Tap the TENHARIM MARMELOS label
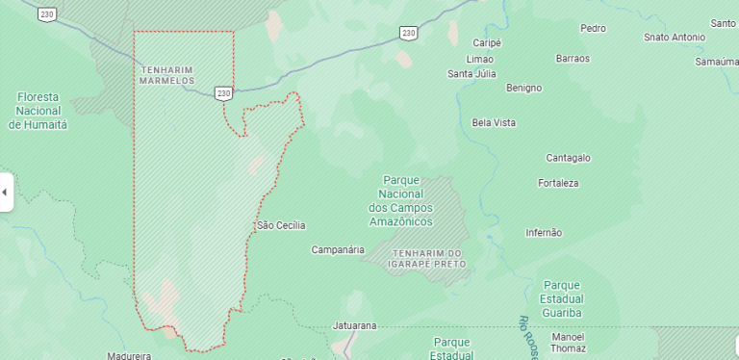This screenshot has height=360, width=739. click(168, 75)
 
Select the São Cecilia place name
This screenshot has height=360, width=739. click(281, 225)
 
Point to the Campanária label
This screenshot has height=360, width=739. click(338, 249)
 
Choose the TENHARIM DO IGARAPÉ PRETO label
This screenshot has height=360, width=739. click(427, 257)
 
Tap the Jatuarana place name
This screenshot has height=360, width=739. click(354, 325)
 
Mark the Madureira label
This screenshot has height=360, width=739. click(130, 355)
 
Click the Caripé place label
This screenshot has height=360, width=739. click(488, 43)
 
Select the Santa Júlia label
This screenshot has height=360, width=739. click(471, 74)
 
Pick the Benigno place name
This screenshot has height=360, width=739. click(523, 88)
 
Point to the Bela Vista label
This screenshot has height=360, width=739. click(494, 122)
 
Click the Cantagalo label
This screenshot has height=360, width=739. click(568, 158)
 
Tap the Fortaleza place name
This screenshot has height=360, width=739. click(558, 183)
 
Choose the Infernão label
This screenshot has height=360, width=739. click(544, 233)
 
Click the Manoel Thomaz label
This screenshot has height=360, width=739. click(568, 343)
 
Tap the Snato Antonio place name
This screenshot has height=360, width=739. click(674, 38)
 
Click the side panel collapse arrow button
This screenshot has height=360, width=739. click(5, 193)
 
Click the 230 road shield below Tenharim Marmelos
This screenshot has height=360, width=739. click(223, 93)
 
